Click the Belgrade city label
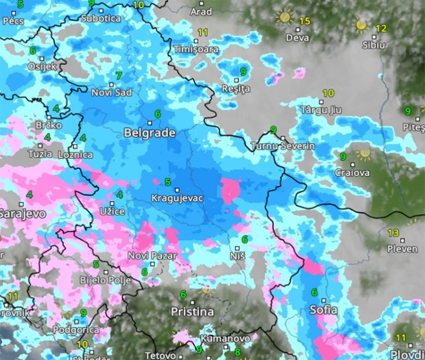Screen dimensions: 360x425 pyautogui.click(x=149, y=133)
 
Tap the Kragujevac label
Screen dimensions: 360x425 pyautogui.click(x=177, y=198)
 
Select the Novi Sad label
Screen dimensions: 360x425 pyautogui.click(x=112, y=93)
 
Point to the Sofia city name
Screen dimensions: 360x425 pyautogui.click(x=323, y=310)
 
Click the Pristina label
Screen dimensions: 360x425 pyautogui.click(x=192, y=312)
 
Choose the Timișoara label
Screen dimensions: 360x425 pyautogui.click(x=196, y=50)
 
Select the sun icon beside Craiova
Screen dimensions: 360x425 pyautogui.click(x=364, y=153)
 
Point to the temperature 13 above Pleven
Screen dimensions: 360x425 pyautogui.click(x=393, y=233)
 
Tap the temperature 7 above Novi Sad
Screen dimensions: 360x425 pyautogui.click(x=119, y=75)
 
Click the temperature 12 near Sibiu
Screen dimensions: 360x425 pyautogui.click(x=381, y=28)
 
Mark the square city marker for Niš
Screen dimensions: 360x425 pyautogui.click(x=237, y=248)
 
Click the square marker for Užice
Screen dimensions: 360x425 pyautogui.click(x=112, y=204)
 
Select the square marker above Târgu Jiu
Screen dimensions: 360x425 pyautogui.click(x=321, y=102)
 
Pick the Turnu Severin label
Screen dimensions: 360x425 pyautogui.click(x=283, y=146)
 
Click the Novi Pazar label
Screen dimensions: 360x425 pyautogui.click(x=152, y=256)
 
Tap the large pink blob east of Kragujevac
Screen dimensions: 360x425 pyautogui.click(x=230, y=190)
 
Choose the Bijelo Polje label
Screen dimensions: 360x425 pyautogui.click(x=105, y=280)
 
